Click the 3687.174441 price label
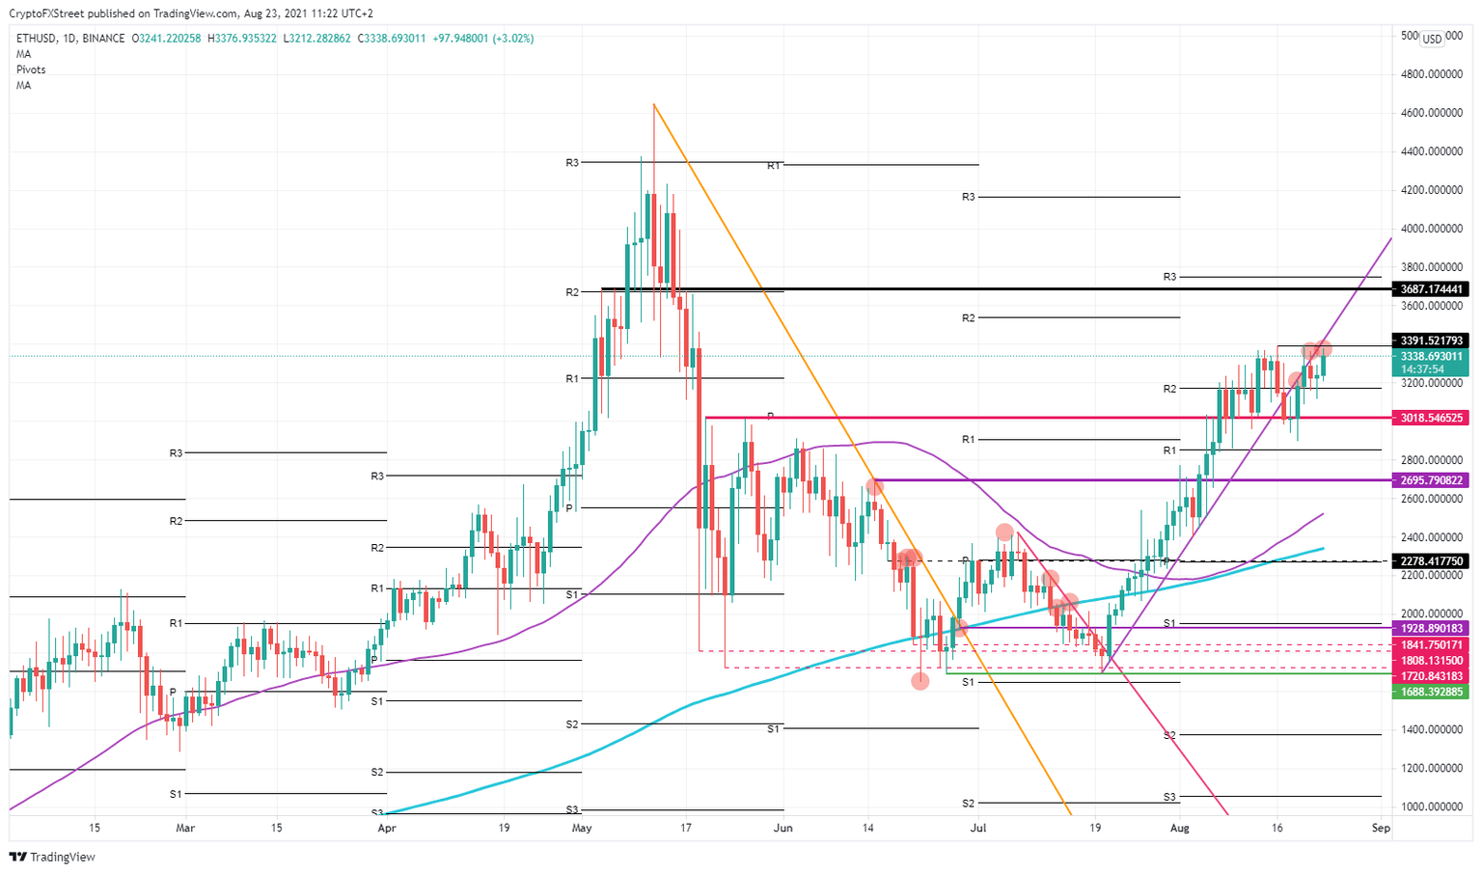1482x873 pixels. pos(1430,288)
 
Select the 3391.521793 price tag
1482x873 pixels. pos(1430,341)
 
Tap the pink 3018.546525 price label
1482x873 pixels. pos(1430,418)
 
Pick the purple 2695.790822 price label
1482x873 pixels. pos(1430,479)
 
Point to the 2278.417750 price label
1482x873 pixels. pos(1430,560)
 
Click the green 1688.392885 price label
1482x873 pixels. pos(1430,692)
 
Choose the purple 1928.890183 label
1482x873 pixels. pos(1430,628)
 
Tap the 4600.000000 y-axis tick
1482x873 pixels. pos(1430,113)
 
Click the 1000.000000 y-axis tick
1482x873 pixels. pos(1430,806)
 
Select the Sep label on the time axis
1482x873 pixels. pos(1381,828)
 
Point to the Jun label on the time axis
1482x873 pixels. pos(783,828)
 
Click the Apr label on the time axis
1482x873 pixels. pos(386,828)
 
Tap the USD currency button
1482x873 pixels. pos(1432,39)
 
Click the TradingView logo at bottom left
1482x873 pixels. pos(52,857)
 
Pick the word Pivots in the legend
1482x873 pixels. pos(31,69)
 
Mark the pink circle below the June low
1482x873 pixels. pos(920,681)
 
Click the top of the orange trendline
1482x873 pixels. pos(654,104)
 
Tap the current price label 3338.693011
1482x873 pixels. pos(1430,356)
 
